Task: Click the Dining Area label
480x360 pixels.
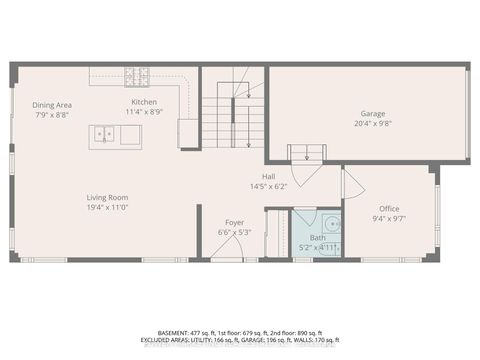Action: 50,105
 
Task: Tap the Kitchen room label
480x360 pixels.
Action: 144,102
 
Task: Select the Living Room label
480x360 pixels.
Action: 107,197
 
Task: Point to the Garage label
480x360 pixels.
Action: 374,114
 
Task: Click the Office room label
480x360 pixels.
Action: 389,208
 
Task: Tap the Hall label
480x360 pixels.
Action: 269,176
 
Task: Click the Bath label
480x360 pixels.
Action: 317,237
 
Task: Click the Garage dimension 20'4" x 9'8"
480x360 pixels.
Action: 374,124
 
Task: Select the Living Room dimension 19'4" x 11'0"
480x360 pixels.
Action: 107,208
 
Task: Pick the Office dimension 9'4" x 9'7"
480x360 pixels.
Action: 389,218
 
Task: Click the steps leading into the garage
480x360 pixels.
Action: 306,153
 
